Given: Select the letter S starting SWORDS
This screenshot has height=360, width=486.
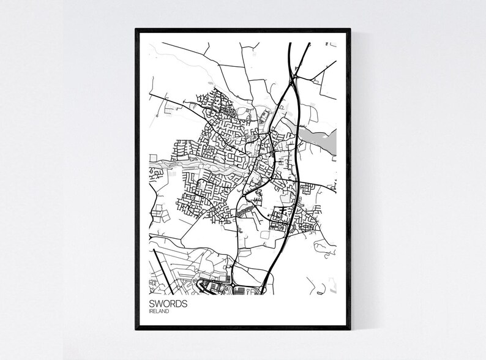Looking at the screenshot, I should (151, 303).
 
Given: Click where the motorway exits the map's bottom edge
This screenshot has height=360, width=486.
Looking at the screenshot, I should (263, 291).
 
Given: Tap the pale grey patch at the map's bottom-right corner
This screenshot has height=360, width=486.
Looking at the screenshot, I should (333, 284).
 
